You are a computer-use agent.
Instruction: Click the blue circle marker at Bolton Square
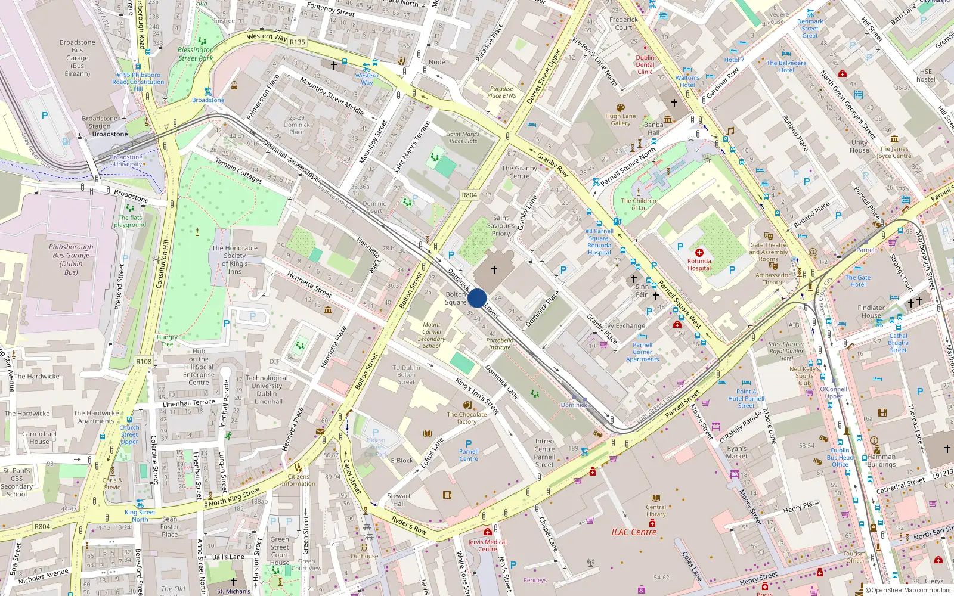477,298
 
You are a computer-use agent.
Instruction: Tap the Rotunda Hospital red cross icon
699,253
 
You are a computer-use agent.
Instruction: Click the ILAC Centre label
633,532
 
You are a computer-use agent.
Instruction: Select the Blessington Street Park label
196,54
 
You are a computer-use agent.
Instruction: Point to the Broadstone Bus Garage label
78,58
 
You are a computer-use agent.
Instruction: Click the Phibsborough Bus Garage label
71,259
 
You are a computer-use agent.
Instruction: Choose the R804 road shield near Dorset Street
469,195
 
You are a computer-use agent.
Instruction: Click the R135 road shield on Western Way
297,42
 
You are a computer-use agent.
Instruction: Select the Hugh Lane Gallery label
620,120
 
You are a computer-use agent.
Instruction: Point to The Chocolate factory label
467,418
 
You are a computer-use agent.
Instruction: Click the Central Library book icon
656,498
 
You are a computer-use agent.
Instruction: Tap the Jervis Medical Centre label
487,545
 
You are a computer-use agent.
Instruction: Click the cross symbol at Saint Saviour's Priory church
494,270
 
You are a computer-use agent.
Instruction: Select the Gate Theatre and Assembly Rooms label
769,252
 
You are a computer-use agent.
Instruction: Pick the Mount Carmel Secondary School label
431,336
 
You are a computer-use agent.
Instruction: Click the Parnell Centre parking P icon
469,443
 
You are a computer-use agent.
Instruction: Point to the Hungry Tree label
167,340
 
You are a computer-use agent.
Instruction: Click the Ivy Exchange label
625,326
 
